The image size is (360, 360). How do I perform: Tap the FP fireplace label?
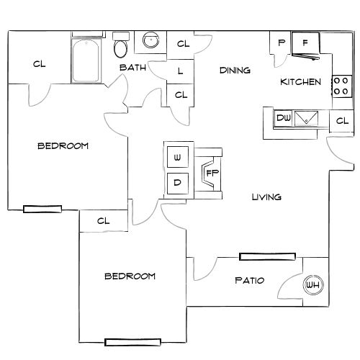tap(212, 173)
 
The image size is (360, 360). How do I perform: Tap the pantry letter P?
tap(281, 43)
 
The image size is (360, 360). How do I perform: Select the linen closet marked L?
tap(179, 71)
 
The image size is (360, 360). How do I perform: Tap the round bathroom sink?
tap(151, 40)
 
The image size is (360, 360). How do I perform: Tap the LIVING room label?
tap(266, 197)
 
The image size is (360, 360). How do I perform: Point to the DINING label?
tap(235, 71)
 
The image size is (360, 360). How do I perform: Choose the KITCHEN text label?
tap(300, 82)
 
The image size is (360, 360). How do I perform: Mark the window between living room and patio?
tap(267, 256)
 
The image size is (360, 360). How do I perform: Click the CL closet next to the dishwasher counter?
tap(341, 121)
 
